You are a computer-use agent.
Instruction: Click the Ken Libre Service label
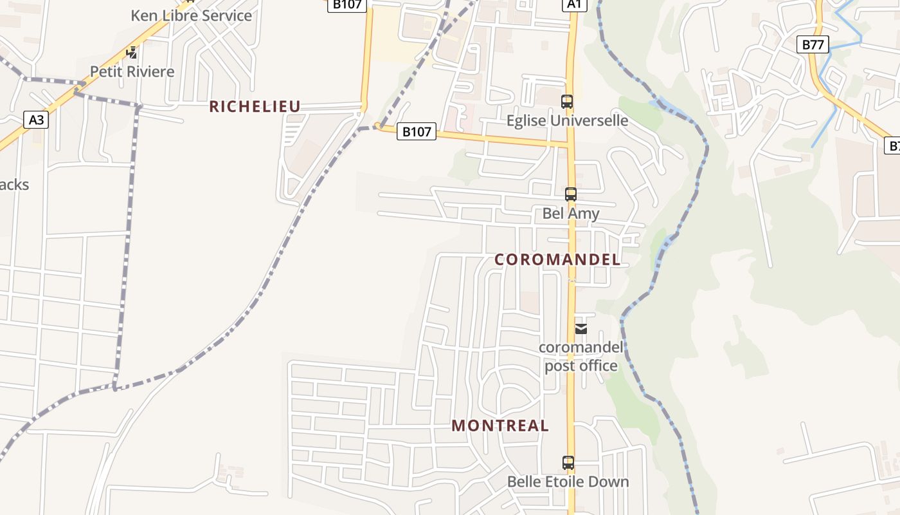coord(191,15)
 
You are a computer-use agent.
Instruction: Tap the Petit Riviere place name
coord(132,71)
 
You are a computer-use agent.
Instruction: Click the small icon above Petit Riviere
coord(132,53)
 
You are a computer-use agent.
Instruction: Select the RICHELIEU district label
coord(255,107)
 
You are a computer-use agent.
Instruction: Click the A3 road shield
coord(37,119)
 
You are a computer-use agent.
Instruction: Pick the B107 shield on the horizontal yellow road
coord(416,132)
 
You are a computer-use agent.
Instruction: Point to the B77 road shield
coord(813,44)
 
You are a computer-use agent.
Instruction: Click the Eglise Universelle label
coord(567,120)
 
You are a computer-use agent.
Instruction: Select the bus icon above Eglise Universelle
coord(566,102)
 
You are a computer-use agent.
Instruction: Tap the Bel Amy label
coord(570,213)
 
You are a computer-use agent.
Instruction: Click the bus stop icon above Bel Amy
coord(570,194)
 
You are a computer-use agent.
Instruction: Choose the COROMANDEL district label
coord(557,259)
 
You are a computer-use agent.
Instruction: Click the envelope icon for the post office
coord(581,329)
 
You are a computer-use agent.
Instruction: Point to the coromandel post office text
coord(581,357)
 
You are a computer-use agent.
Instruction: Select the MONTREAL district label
coord(500,426)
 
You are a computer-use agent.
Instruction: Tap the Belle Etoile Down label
coord(568,482)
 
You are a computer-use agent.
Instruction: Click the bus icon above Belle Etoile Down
coord(568,462)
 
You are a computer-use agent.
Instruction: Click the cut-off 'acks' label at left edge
coord(14,185)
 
